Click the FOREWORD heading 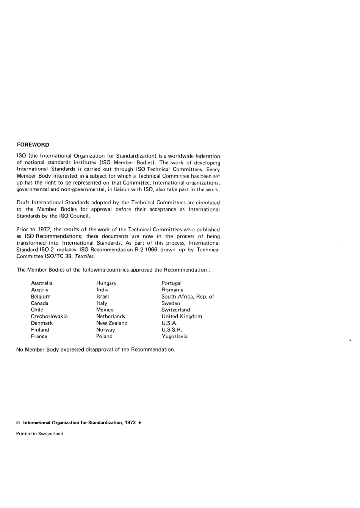tap(33, 145)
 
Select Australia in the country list tap(42, 283)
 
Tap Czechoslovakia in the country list tap(49, 316)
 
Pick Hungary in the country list tap(106, 283)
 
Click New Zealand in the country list tap(112, 323)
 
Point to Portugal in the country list tap(172, 283)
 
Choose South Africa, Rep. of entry tap(188, 297)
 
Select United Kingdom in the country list tap(182, 316)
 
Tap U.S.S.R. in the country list tap(172, 330)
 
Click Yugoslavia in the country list tap(175, 336)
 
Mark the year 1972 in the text tap(44, 230)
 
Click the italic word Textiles tap(85, 256)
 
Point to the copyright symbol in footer tap(18, 423)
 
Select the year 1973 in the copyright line tap(130, 422)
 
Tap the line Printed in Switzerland tap(40, 434)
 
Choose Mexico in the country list tap(105, 310)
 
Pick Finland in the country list tap(40, 330)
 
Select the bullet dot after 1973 tap(140, 422)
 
